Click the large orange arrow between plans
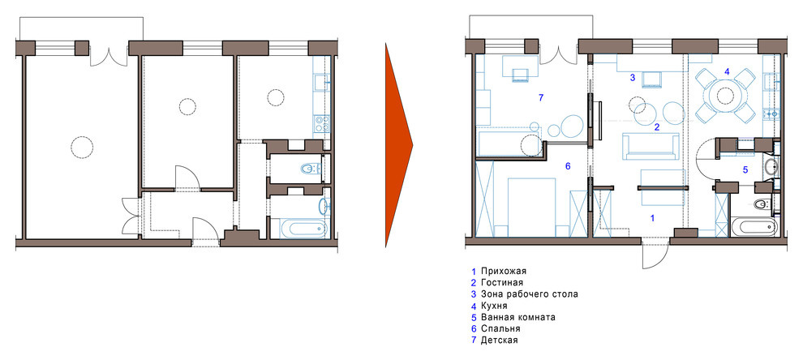[398, 145]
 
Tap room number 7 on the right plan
[539, 97]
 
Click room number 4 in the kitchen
[727, 72]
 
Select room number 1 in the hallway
[651, 218]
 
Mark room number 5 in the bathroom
[745, 170]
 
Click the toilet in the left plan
[309, 169]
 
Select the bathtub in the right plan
[754, 226]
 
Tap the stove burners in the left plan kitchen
[320, 124]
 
